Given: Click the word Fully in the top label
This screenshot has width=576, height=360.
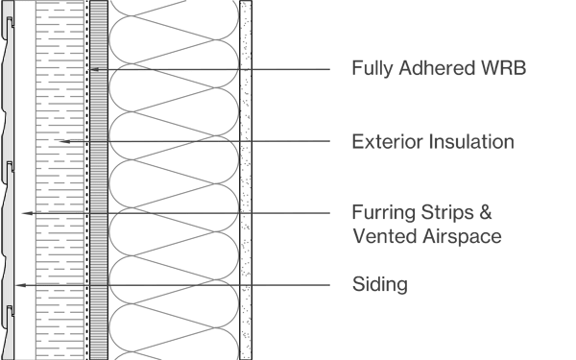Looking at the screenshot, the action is [371, 68].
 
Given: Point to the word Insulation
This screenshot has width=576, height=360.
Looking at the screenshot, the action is [469, 142].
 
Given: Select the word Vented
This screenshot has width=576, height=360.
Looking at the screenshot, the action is [381, 235].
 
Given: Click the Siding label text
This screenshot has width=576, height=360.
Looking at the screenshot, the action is [380, 284].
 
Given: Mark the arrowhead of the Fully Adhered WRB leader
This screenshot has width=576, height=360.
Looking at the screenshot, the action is [95, 70].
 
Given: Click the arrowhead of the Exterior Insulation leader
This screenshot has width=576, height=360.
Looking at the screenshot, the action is [59, 141].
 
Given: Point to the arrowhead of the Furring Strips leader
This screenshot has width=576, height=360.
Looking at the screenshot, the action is [24, 212].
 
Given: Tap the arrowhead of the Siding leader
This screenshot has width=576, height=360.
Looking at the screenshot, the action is [16, 285].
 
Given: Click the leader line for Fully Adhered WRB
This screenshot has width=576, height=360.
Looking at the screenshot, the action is [221, 70].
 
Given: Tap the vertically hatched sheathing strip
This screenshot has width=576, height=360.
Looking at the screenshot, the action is [98, 192].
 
